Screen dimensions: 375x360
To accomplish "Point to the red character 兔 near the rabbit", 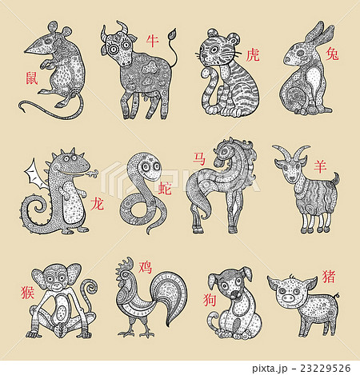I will [332, 53].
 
